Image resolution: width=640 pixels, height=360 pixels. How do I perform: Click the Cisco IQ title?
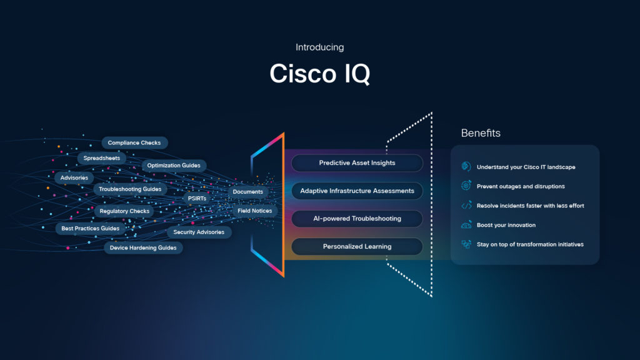click(x=319, y=74)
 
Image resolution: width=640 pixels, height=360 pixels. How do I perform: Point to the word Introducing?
click(x=319, y=47)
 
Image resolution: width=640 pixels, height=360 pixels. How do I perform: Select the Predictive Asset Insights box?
click(x=357, y=163)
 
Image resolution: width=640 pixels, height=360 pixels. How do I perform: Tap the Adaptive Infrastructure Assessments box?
click(x=357, y=191)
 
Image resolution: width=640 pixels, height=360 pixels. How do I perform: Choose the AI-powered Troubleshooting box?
click(x=357, y=219)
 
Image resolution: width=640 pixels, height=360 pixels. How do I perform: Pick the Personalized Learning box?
click(x=357, y=246)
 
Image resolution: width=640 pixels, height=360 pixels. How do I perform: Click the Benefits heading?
click(x=481, y=133)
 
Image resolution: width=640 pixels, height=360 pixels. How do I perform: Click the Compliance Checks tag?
click(x=134, y=143)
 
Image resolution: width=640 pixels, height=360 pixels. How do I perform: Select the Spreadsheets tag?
click(x=102, y=159)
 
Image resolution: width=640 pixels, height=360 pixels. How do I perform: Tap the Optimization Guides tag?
click(x=174, y=166)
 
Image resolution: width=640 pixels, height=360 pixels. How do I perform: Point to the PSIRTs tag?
click(x=197, y=198)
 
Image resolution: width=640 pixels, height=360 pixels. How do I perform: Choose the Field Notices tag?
click(x=254, y=211)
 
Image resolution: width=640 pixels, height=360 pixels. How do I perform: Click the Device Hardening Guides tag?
click(x=143, y=248)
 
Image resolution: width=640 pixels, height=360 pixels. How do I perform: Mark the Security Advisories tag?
click(x=199, y=232)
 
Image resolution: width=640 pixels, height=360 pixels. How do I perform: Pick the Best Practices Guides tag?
click(x=90, y=229)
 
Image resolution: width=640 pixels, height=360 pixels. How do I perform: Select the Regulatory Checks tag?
click(x=124, y=211)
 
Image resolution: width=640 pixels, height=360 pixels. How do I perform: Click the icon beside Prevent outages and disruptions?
click(x=466, y=186)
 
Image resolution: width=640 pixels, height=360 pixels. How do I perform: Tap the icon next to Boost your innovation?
click(x=466, y=225)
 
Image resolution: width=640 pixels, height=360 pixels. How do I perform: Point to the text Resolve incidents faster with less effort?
click(x=530, y=206)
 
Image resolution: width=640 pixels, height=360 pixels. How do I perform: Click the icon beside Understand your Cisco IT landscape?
click(x=466, y=167)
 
